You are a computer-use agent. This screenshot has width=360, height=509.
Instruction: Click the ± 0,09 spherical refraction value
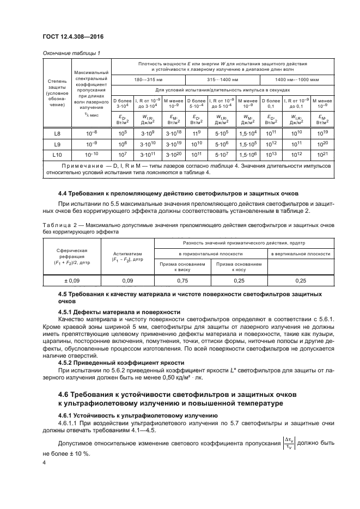[x=68, y=280]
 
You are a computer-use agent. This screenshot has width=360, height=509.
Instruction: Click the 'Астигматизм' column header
[x=127, y=256]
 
